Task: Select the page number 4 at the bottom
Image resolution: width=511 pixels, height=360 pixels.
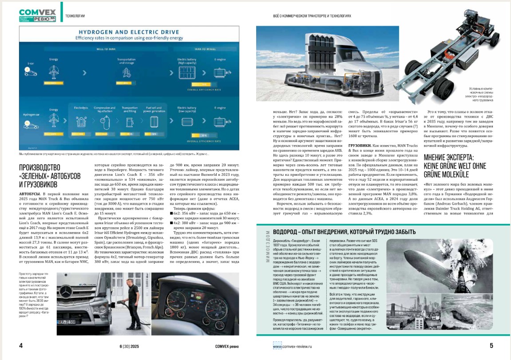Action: click(21, 346)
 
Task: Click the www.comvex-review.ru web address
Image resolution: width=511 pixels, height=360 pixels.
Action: click(293, 346)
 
